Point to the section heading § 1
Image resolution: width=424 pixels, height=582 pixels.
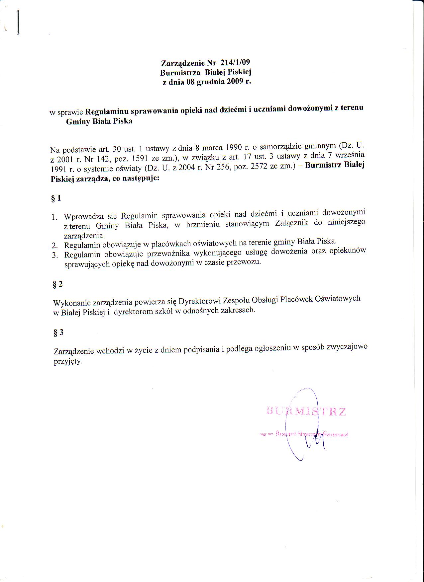56,198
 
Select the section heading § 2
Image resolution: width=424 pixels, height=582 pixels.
57,284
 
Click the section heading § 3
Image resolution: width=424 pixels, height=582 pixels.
58,333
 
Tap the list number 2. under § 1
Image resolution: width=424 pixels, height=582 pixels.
55,246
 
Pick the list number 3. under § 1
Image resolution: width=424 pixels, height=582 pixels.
55,255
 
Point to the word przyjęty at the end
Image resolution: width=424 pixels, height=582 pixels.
68,361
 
